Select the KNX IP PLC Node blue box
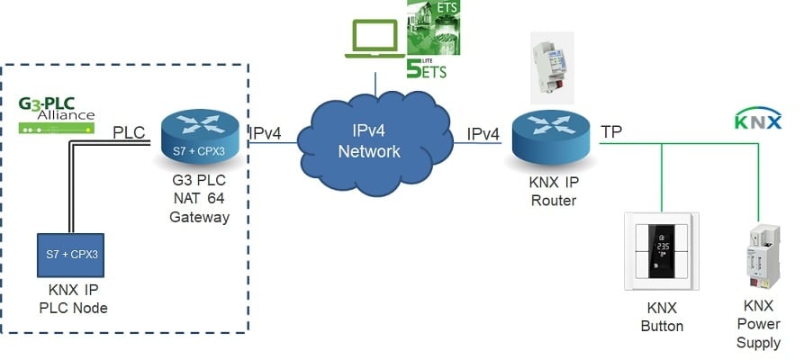click(71, 255)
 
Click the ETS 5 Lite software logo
click(427, 40)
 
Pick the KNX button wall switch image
click(661, 251)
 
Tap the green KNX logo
click(758, 118)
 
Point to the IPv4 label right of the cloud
click(483, 134)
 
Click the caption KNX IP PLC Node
click(72, 301)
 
